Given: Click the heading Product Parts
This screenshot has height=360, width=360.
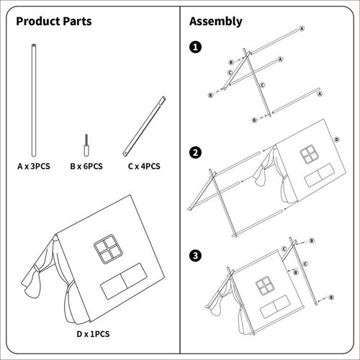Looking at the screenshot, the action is click(54, 21).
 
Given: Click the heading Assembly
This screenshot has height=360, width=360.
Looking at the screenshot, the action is click(216, 22).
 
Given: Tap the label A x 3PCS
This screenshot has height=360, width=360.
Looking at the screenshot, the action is click(34, 166).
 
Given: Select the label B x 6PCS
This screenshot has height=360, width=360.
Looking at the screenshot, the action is click(86, 166).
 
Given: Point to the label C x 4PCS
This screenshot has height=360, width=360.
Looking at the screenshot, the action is click(144, 166).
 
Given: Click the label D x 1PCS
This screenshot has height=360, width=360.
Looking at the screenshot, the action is click(93, 334).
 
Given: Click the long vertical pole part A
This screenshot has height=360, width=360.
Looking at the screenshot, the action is click(34, 100).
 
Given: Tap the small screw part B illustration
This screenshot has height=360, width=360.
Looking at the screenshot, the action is click(86, 145).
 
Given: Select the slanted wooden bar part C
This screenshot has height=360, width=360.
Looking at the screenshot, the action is click(144, 127).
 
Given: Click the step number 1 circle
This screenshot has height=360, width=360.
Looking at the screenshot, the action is click(196, 47).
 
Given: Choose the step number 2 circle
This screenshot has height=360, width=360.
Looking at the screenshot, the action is click(196, 153).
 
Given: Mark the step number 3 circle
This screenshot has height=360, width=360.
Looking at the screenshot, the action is click(196, 256).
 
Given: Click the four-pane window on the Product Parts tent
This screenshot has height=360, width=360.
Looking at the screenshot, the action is click(108, 249).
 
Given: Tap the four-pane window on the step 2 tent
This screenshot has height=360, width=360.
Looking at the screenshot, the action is click(310, 154).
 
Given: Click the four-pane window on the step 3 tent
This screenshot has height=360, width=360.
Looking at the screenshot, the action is click(264, 286).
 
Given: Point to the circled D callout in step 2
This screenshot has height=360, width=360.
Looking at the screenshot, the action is click(337, 140).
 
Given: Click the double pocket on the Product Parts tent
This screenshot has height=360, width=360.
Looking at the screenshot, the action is click(124, 282).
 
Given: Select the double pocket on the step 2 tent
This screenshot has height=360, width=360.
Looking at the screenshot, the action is click(320, 176).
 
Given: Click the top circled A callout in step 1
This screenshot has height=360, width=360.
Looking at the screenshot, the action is click(302, 29).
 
